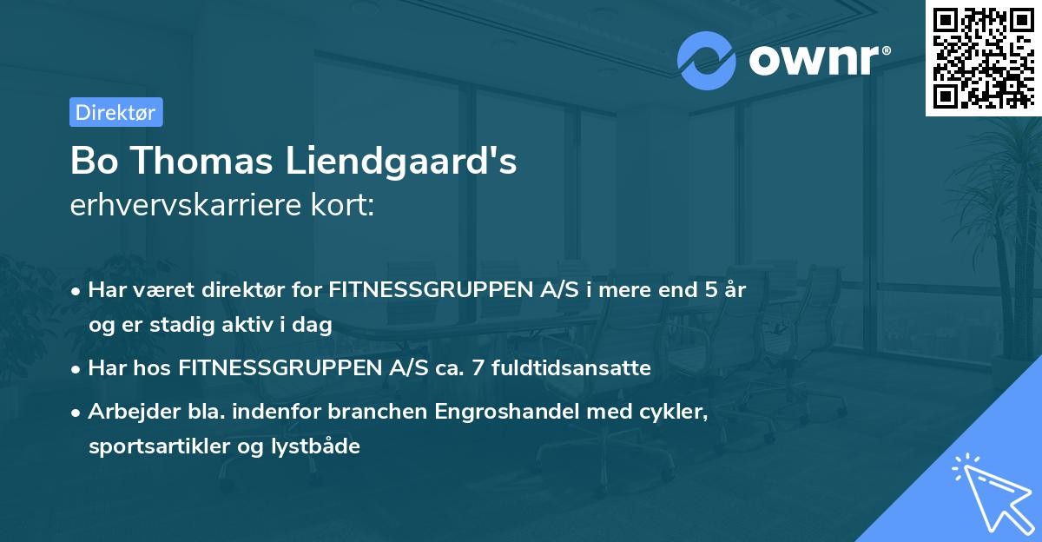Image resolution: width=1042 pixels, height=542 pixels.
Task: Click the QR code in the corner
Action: pos(983,58)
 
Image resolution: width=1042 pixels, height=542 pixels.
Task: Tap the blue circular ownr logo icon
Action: pos(707,60)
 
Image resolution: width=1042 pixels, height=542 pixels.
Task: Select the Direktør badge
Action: pos(116,112)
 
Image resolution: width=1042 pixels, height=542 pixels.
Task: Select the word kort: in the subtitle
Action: pos(348,208)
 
